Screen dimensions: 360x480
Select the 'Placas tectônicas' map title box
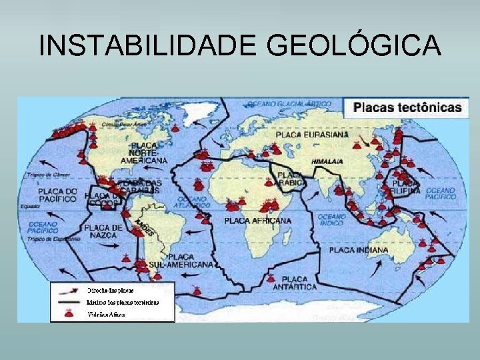pyautogui.click(x=407, y=107)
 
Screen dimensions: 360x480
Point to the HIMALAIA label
pyautogui.click(x=328, y=161)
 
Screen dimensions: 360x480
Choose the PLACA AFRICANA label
pyautogui.click(x=257, y=220)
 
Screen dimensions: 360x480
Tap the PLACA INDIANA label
pyautogui.click(x=358, y=251)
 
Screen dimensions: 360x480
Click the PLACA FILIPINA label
pyautogui.click(x=406, y=186)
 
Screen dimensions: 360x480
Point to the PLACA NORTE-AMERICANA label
pyautogui.click(x=144, y=153)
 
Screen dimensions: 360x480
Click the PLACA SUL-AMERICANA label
pyautogui.click(x=190, y=261)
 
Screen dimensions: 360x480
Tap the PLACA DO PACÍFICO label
pyautogui.click(x=57, y=195)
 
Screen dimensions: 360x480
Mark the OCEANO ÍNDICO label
pyautogui.click(x=331, y=220)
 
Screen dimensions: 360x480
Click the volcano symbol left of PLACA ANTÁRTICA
pyautogui.click(x=271, y=279)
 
